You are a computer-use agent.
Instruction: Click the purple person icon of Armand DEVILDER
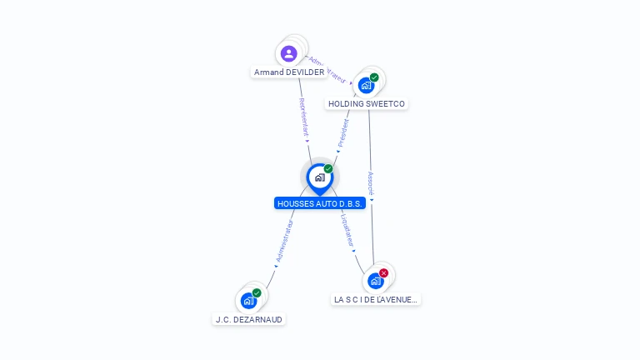[289, 53]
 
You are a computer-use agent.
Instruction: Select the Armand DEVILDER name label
[289, 72]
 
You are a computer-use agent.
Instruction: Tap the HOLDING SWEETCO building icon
[366, 85]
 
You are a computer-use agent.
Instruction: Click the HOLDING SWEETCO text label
[367, 104]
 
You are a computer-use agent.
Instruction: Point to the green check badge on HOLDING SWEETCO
[375, 77]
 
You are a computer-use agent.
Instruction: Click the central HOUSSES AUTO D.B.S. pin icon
[319, 177]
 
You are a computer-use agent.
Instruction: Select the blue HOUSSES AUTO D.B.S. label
[320, 203]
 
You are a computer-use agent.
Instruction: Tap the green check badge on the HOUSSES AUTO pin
[328, 168]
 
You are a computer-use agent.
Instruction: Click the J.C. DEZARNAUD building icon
[248, 301]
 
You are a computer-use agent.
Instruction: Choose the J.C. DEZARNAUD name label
[249, 319]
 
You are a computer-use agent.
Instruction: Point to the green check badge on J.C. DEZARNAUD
[257, 292]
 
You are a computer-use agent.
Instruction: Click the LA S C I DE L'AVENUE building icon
[375, 281]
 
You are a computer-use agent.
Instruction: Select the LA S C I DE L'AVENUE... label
[375, 299]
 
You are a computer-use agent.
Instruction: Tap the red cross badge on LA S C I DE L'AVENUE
[383, 272]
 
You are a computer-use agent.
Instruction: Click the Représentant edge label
[303, 117]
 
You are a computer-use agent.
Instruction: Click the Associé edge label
[371, 184]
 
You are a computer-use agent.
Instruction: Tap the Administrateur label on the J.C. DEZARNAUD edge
[284, 242]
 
